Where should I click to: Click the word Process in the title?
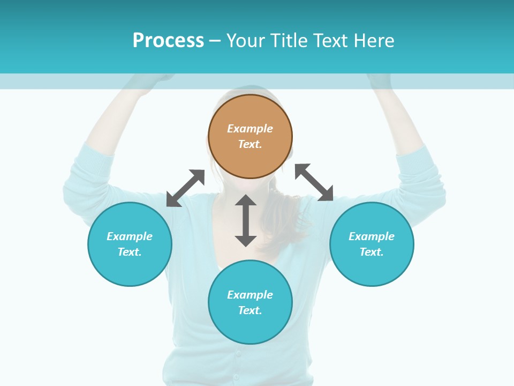click(x=168, y=41)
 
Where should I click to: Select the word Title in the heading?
click(x=291, y=41)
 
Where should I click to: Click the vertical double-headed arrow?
click(x=246, y=220)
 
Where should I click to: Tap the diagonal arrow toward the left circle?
click(x=185, y=188)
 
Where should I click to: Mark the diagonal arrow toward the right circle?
click(x=314, y=182)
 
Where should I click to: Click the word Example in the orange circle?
click(x=250, y=129)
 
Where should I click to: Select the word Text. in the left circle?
click(x=130, y=252)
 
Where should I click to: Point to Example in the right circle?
click(x=372, y=236)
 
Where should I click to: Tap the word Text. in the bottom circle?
click(x=250, y=310)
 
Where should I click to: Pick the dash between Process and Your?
click(x=215, y=41)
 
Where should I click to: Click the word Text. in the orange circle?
click(x=250, y=144)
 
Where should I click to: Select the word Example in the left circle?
click(x=130, y=236)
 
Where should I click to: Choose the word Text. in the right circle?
click(x=372, y=252)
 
